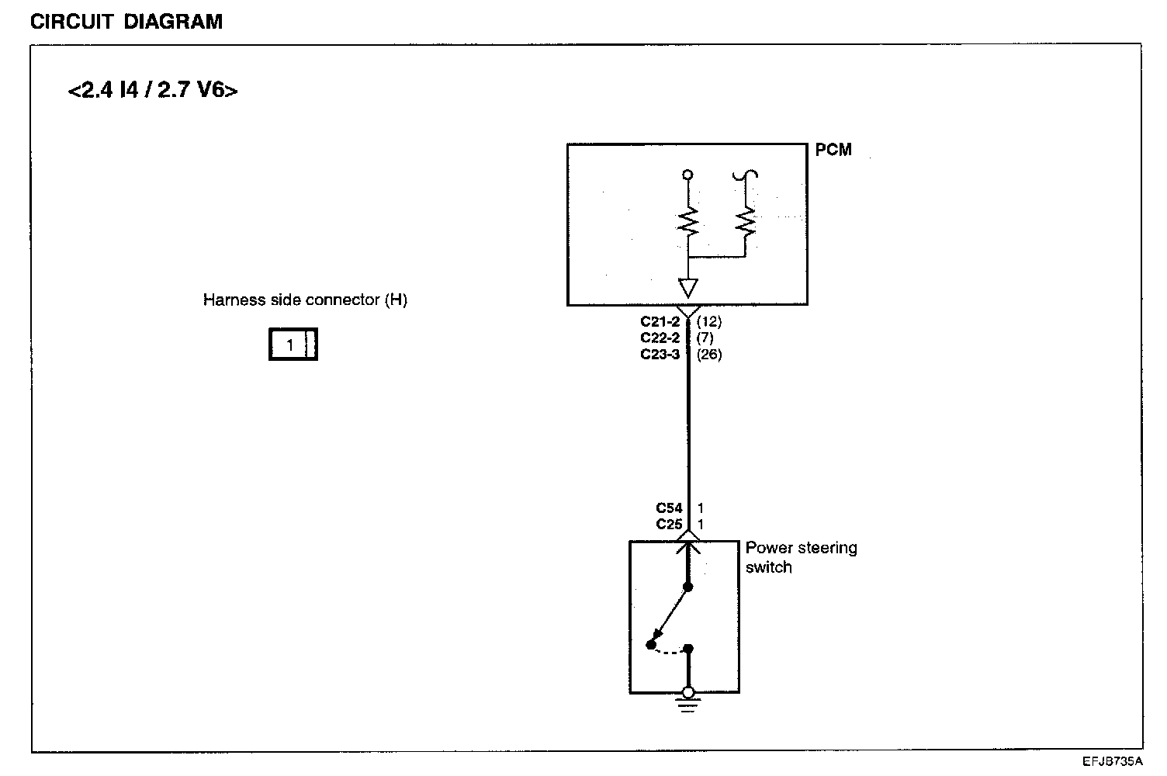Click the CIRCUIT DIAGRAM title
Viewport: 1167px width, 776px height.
(126, 22)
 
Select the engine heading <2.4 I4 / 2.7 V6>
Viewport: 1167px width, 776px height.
(153, 91)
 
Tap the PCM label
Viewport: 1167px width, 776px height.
(833, 149)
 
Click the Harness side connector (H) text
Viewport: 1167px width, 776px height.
(305, 300)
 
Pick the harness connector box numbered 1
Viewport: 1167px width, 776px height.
(293, 345)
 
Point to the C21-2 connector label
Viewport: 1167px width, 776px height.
(660, 321)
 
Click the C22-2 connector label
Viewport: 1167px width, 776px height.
(660, 338)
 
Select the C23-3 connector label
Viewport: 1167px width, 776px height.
(660, 355)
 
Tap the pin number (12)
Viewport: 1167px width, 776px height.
(709, 321)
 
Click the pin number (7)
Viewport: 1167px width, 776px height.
(705, 338)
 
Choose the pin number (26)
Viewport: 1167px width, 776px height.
(709, 355)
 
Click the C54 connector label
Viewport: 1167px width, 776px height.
(669, 508)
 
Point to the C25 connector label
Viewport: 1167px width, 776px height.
(669, 525)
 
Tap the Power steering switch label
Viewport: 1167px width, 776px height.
(801, 557)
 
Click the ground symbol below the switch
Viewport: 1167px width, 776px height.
(687, 705)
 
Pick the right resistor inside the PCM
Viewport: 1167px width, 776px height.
(746, 223)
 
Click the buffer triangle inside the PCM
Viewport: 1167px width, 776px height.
(687, 287)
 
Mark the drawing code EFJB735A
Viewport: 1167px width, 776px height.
(1113, 762)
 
